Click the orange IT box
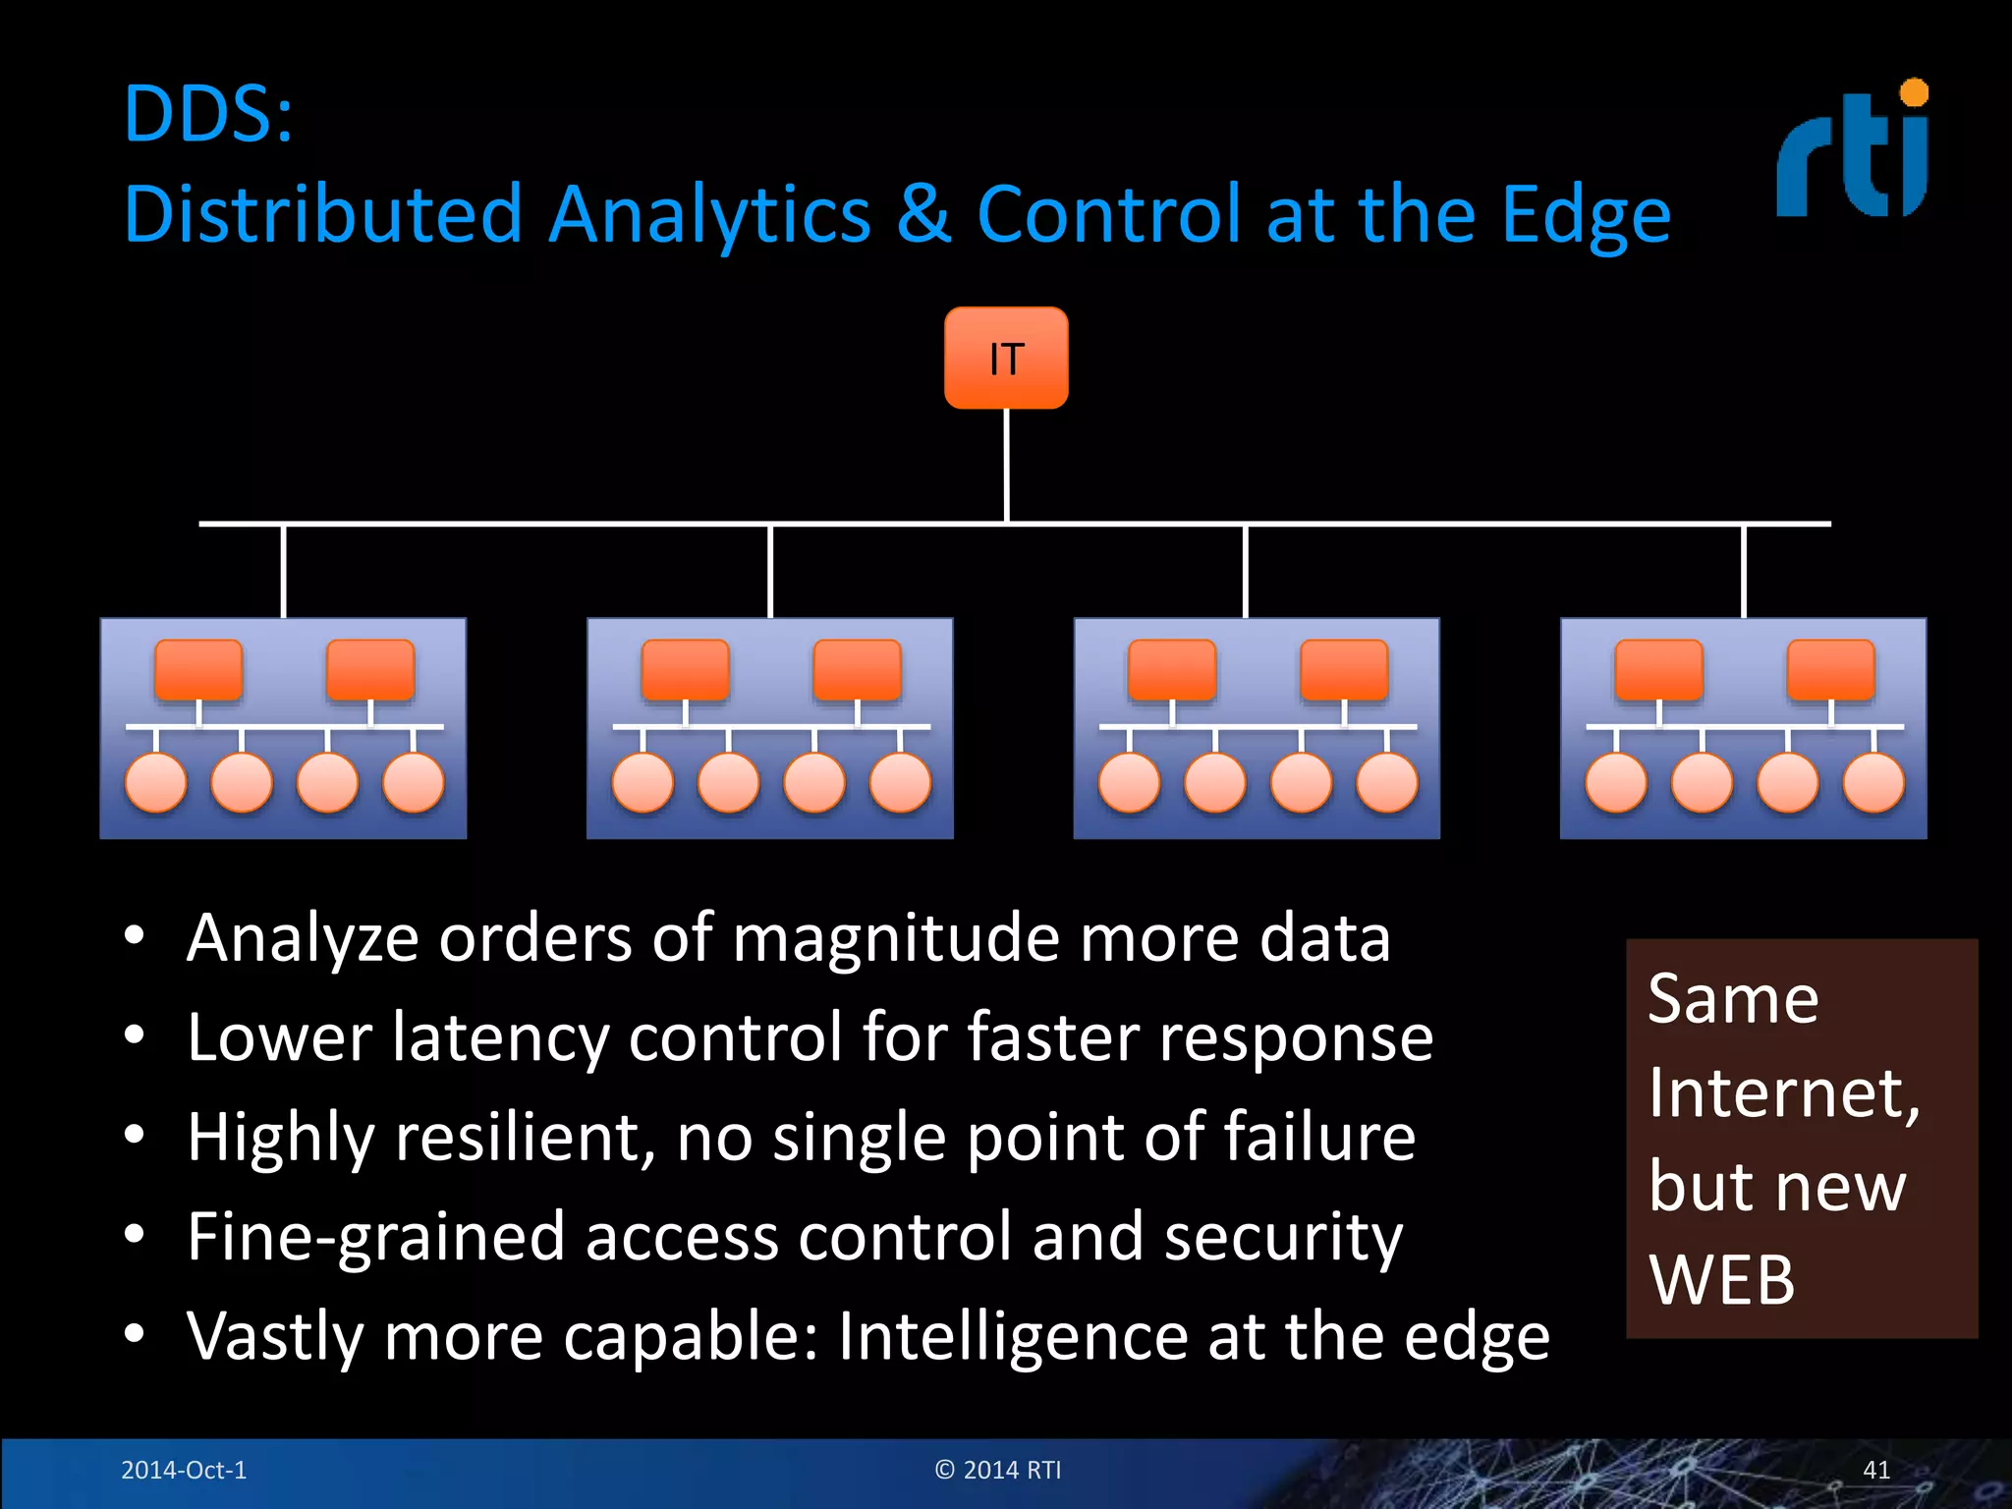pyautogui.click(x=1006, y=358)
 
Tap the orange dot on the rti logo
pyautogui.click(x=1914, y=93)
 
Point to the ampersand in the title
pyautogui.click(x=923, y=213)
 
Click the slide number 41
pyautogui.click(x=1876, y=1470)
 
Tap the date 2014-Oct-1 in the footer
pyautogui.click(x=184, y=1470)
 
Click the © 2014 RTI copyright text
pyautogui.click(x=998, y=1470)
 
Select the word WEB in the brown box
pyautogui.click(x=1721, y=1280)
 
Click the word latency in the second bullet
pyautogui.click(x=499, y=1037)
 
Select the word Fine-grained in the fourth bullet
pyautogui.click(x=375, y=1238)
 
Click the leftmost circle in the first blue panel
pyautogui.click(x=156, y=783)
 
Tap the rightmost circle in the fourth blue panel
pyautogui.click(x=1873, y=783)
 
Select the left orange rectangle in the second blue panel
pyautogui.click(x=685, y=670)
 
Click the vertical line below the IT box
pyautogui.click(x=1007, y=464)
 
